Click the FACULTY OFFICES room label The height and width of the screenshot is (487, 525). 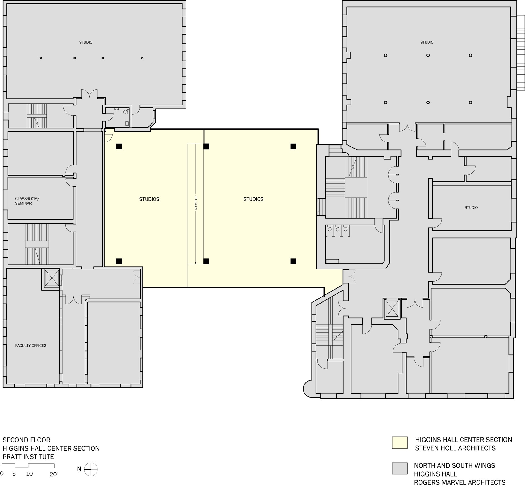[31, 345]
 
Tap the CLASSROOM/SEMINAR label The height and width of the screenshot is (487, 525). [27, 201]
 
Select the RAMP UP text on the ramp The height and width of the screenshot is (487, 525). [196, 203]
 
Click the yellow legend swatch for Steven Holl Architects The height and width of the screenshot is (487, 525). [400, 442]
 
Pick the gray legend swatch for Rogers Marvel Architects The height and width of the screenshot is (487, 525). [400, 468]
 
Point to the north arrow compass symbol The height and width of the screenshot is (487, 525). [91, 469]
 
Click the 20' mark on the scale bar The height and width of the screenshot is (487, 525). [54, 474]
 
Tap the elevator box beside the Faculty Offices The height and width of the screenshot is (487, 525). [52, 278]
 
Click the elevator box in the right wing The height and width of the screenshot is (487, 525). [392, 308]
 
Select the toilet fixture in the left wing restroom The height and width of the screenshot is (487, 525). [126, 112]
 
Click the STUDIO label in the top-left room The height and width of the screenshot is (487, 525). [86, 43]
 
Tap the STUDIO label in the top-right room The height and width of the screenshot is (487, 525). [427, 43]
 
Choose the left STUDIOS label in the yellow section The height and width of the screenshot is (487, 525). [149, 199]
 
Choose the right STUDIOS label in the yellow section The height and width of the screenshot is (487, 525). [253, 199]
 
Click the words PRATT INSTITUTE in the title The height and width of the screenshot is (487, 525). [28, 457]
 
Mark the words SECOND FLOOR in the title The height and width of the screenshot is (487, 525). [26, 440]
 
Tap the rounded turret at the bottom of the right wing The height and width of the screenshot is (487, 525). [307, 389]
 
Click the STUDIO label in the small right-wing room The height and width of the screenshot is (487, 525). [471, 208]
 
